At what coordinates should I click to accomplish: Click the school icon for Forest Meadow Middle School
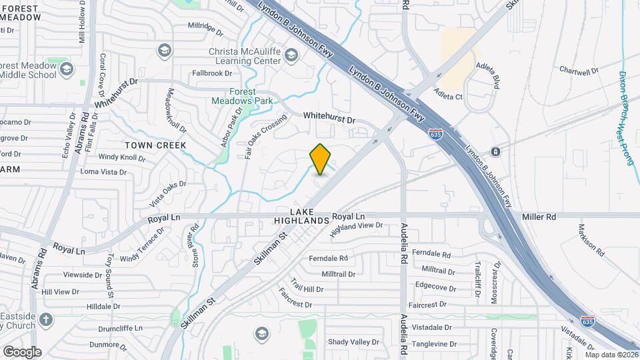coord(66,68)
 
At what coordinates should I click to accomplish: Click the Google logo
coord(22,351)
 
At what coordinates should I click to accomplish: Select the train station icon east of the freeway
coord(495,151)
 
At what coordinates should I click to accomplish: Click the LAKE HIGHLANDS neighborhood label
coord(302,216)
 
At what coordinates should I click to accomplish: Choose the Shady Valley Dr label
coord(353,342)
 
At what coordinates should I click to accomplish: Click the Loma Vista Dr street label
coord(103,171)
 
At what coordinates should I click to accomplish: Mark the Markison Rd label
coord(591,244)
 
